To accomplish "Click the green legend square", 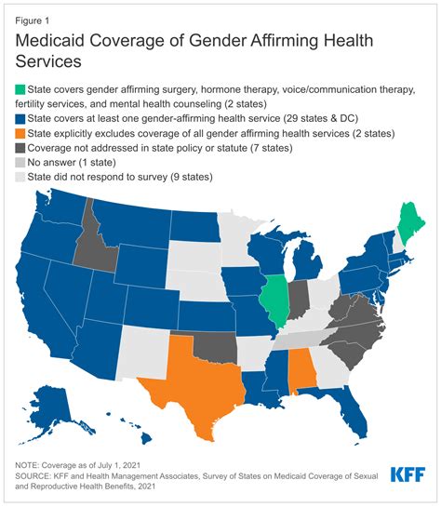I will [x=18, y=89].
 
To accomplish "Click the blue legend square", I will [x=18, y=119].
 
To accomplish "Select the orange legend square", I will [x=18, y=134].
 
